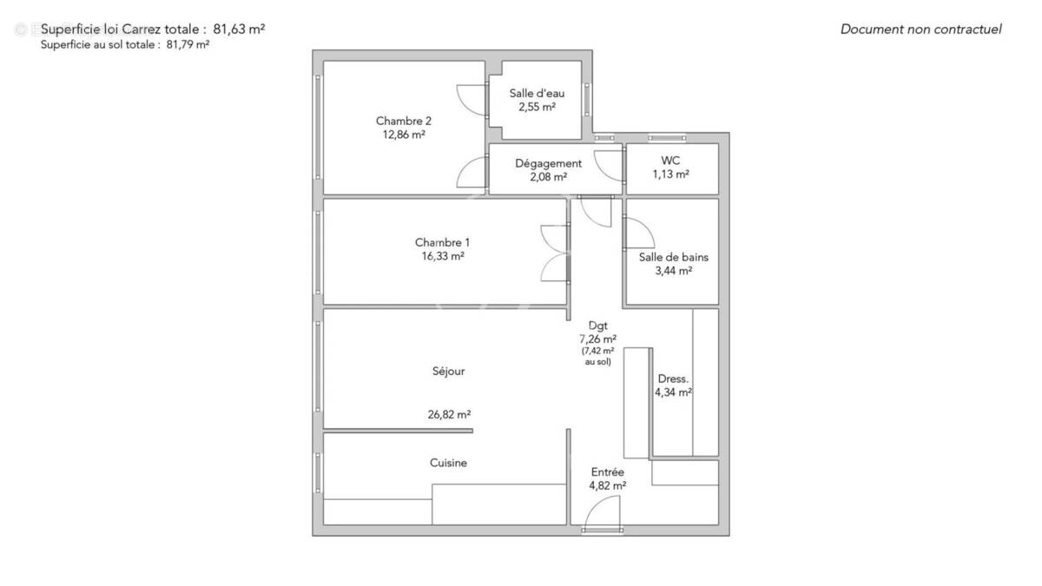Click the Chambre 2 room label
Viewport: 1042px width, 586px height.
(x=404, y=121)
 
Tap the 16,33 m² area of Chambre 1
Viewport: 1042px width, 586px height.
(x=444, y=257)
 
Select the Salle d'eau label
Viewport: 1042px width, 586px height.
(x=537, y=94)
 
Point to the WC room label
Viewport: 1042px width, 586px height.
(x=670, y=161)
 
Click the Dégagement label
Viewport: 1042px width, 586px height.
(x=548, y=163)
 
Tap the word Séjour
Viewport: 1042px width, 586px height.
(x=449, y=371)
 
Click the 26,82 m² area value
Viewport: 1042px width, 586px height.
(x=449, y=415)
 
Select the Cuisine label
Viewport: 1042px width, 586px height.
(x=448, y=463)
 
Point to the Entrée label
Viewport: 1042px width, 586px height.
(x=607, y=471)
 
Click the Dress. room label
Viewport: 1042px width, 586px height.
(x=673, y=379)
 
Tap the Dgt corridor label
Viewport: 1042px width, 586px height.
(x=598, y=326)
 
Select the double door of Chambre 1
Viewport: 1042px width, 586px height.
(x=555, y=253)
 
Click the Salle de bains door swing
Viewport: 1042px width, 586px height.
(x=638, y=231)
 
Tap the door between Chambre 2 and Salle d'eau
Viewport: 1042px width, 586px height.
(x=472, y=96)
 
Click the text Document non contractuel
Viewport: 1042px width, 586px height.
(x=920, y=30)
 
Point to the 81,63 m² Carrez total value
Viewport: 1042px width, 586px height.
(x=239, y=29)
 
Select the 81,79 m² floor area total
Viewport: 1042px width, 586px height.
(x=188, y=45)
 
